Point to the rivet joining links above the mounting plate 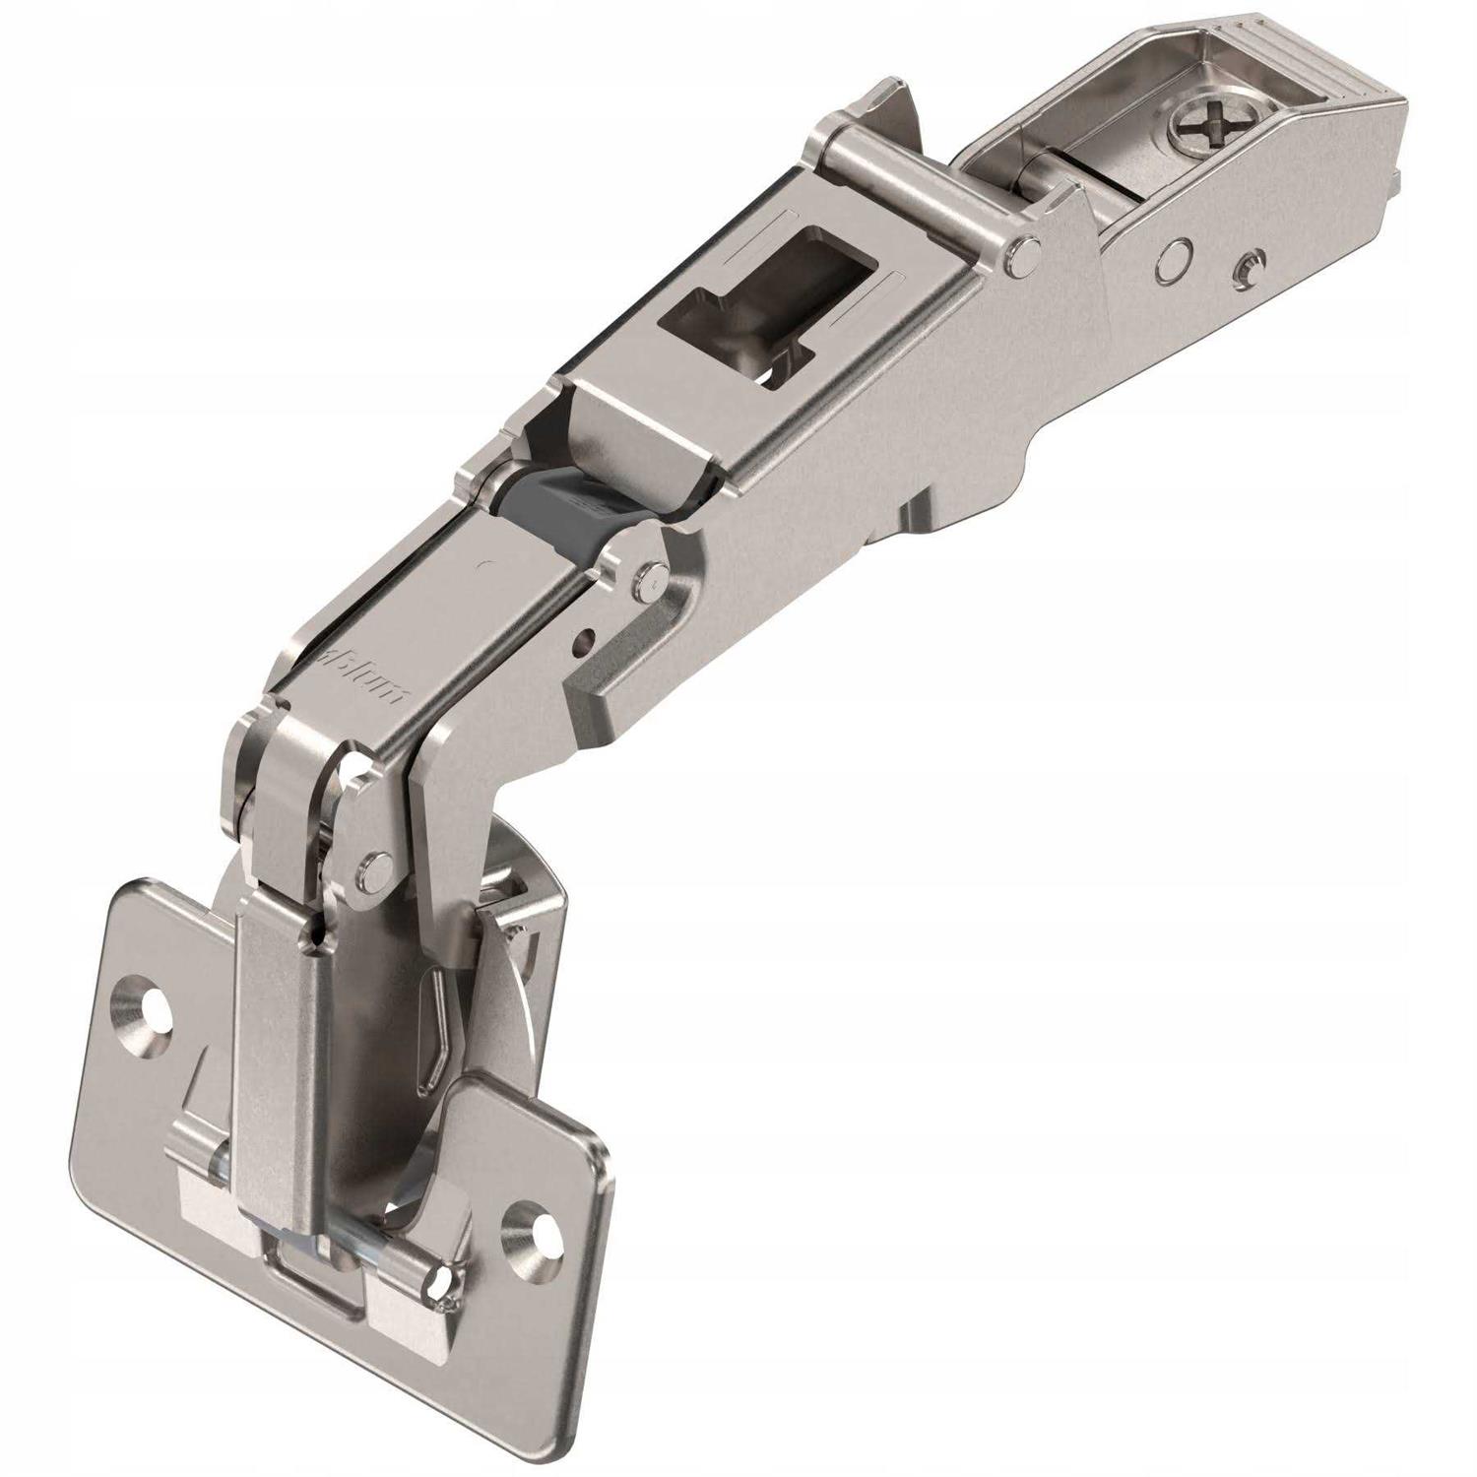[x=372, y=869]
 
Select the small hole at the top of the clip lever [x=314, y=930]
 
